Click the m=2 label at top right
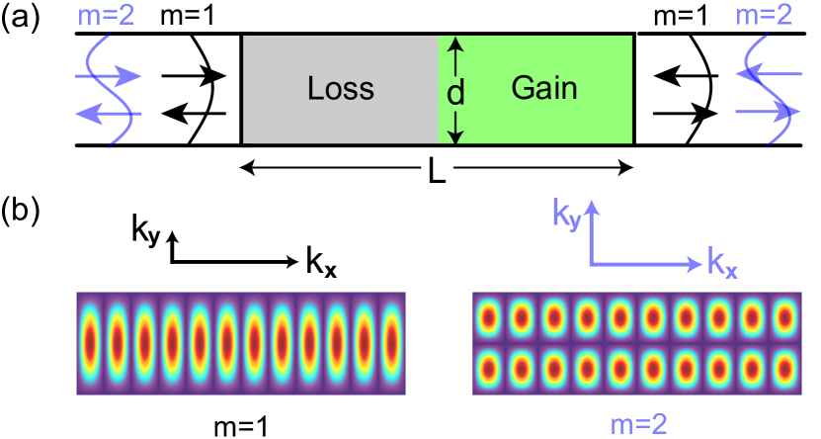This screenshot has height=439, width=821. (763, 15)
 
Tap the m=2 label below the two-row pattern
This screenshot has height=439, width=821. (639, 424)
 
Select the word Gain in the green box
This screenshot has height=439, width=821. (544, 88)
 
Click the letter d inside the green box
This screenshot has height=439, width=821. (455, 93)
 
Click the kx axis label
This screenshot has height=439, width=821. (722, 263)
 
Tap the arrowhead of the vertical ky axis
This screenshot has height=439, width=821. (591, 206)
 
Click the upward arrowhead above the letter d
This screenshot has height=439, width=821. (455, 44)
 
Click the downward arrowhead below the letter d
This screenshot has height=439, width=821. (455, 136)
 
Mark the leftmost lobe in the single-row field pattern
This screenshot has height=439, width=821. (90, 343)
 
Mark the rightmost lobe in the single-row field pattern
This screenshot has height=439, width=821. (392, 343)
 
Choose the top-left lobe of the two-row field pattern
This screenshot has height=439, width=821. (488, 318)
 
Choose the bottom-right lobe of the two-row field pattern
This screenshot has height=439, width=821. (784, 369)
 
